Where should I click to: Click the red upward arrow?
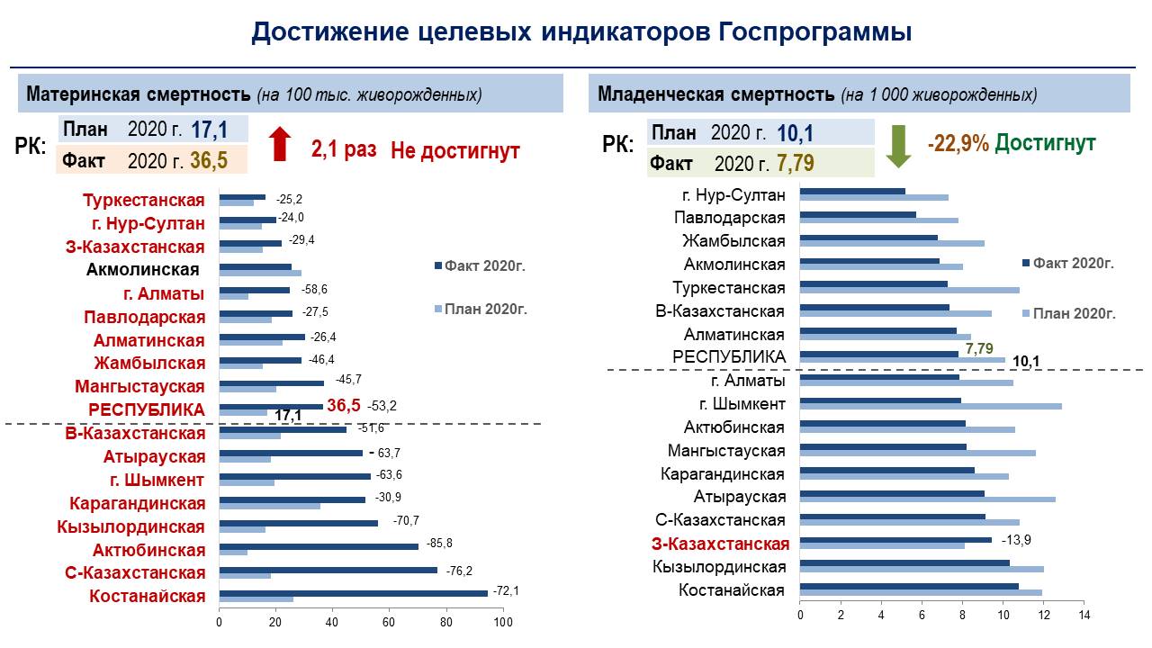click(280, 144)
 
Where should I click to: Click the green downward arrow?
click(898, 147)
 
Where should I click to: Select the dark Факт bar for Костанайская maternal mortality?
click(354, 593)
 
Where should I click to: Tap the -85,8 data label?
click(439, 543)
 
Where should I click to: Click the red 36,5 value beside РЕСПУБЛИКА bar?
click(344, 405)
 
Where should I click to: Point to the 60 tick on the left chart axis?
click(388, 622)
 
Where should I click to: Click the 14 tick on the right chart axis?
click(1084, 615)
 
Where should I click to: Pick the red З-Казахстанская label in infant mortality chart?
click(720, 544)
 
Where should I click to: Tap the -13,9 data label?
click(1016, 540)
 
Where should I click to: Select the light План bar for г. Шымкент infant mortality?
click(931, 406)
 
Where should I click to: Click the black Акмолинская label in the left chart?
click(142, 269)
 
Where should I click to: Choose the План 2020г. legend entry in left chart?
click(481, 309)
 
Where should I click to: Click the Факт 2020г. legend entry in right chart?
click(1068, 264)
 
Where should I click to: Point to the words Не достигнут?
click(455, 151)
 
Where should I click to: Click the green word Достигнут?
click(1045, 142)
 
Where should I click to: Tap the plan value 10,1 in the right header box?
click(795, 133)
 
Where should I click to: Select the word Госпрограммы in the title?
click(815, 31)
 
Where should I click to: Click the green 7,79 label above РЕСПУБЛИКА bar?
click(979, 348)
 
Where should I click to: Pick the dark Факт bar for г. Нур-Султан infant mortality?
click(852, 192)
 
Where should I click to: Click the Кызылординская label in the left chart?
click(130, 526)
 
